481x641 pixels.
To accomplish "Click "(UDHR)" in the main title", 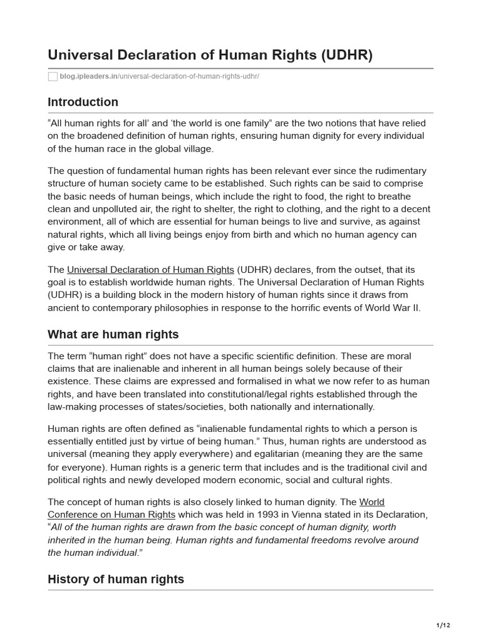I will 346,55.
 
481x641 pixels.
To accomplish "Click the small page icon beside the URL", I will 53,76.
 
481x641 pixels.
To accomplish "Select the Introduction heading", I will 83,102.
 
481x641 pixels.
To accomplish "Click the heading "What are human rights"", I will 113,334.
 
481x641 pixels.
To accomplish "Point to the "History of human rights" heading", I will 115,579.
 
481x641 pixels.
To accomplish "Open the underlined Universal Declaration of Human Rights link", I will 150,270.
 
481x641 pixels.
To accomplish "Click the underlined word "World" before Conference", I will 372,502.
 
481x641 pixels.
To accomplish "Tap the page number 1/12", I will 443,625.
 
